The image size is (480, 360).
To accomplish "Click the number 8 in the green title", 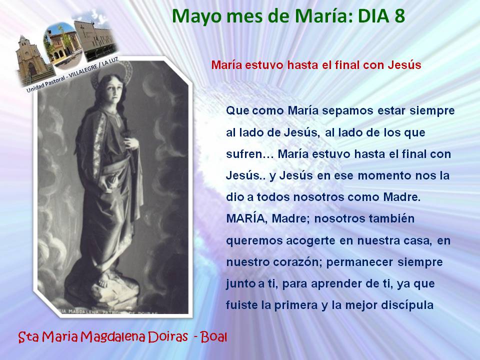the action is pyautogui.click(x=399, y=16).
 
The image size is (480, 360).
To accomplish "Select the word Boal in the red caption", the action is pyautogui.click(x=214, y=337).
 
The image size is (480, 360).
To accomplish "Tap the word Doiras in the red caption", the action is pyautogui.click(x=168, y=337).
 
